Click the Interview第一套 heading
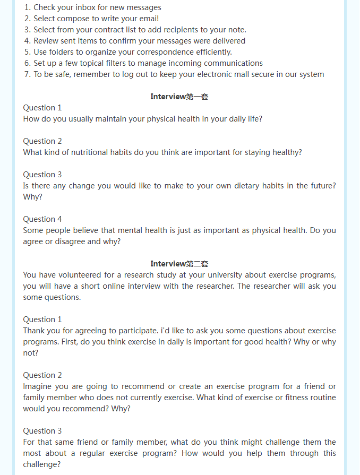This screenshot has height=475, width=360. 179,97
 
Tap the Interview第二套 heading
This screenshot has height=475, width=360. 179,264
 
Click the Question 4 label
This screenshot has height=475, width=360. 42,219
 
